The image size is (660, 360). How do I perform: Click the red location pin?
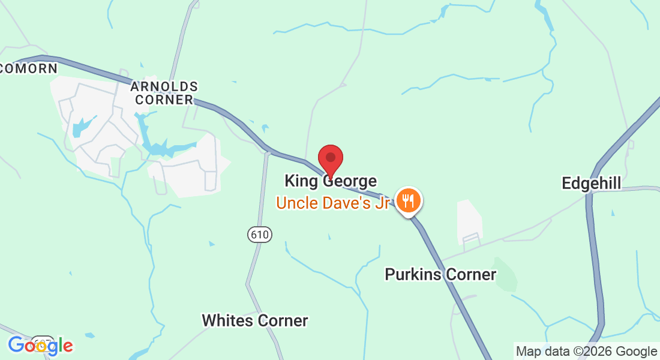tap(330, 159)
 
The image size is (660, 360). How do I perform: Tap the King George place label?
tap(330, 181)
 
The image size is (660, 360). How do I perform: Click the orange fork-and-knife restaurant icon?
tap(409, 200)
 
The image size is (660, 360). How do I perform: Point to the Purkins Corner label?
tap(440, 275)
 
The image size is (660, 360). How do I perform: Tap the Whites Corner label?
tap(254, 320)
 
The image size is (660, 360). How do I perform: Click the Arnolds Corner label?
tap(164, 94)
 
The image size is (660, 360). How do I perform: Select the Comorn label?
tap(29, 68)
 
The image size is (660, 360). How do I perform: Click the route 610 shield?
tap(260, 235)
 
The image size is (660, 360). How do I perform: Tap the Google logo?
tap(40, 346)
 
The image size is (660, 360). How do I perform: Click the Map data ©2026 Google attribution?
tap(586, 352)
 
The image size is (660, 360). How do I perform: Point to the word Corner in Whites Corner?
tap(281, 320)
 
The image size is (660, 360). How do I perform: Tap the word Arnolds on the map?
tap(164, 87)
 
